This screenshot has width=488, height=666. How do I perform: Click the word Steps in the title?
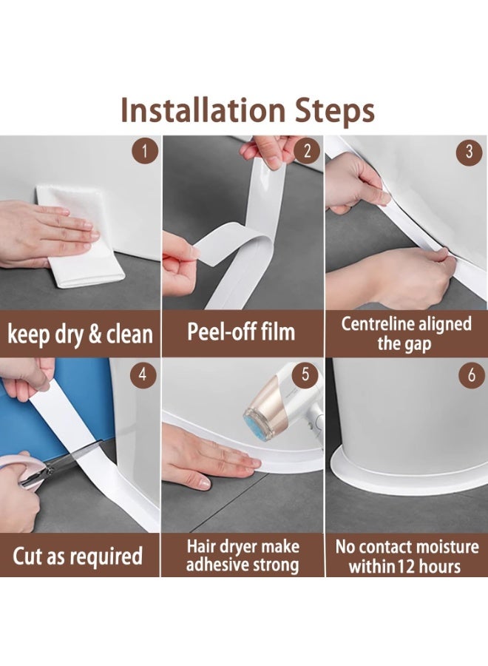332,110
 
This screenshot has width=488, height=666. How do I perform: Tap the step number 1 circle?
145,152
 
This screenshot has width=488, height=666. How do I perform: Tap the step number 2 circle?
307,152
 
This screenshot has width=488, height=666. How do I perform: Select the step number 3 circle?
469,152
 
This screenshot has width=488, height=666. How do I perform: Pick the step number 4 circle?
145,375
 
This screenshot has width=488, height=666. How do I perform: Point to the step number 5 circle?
307,375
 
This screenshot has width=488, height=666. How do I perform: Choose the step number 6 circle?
469,375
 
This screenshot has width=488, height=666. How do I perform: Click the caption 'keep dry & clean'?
80,333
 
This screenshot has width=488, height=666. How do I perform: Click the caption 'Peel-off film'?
242,332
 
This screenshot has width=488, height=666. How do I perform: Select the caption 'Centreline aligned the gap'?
406,334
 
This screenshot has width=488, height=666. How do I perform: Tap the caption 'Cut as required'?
78,555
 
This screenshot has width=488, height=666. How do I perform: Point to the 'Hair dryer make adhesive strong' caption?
243,556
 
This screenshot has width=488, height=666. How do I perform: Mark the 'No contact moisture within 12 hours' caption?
406,556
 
